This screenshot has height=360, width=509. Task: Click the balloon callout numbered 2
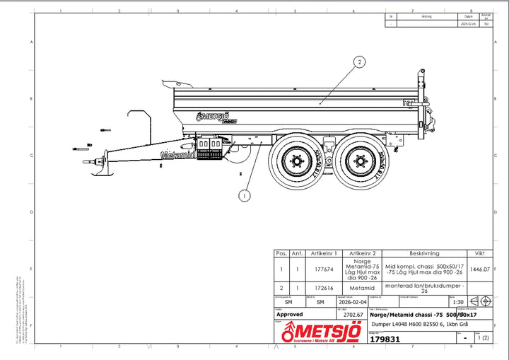pos(361,62)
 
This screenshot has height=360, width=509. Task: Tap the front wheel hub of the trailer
pos(296,163)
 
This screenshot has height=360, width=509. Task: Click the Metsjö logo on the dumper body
pos(216,117)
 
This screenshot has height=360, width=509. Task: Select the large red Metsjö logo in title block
pos(321,332)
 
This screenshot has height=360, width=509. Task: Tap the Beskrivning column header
pos(424,252)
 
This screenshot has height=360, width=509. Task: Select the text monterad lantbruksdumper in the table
pos(424,286)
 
